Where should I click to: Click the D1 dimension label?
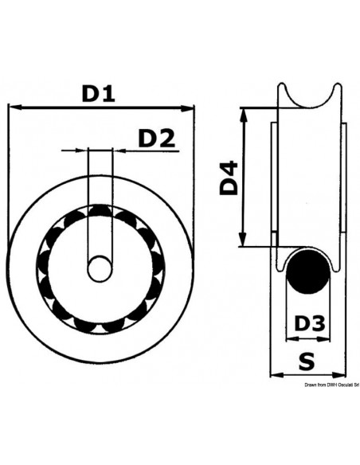pyautogui.click(x=100, y=93)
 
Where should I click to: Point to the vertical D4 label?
pyautogui.click(x=229, y=178)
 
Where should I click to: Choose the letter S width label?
pyautogui.click(x=307, y=360)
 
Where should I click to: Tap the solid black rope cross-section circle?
pyautogui.click(x=307, y=275)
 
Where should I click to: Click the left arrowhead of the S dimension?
pyautogui.click(x=276, y=373)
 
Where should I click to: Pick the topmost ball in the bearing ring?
pyautogui.click(x=100, y=212)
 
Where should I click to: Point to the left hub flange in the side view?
pyautogui.click(x=274, y=179)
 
